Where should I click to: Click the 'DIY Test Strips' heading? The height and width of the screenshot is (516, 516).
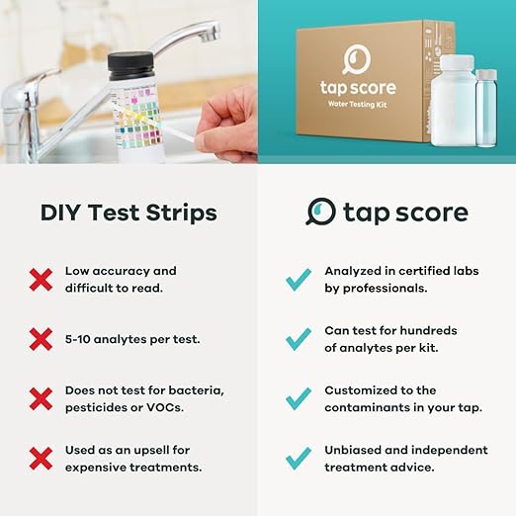(129, 213)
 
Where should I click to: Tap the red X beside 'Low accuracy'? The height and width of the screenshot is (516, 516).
(41, 280)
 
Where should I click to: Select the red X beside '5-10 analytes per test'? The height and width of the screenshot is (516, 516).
(41, 339)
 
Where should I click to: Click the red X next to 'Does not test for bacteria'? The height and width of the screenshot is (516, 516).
(41, 398)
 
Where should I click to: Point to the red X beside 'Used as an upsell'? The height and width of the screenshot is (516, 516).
(41, 458)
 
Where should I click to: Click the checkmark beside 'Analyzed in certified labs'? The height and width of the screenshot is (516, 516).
(299, 280)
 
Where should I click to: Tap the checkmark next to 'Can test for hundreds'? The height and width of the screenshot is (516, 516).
(299, 339)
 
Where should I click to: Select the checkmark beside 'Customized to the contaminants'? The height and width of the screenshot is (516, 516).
(299, 398)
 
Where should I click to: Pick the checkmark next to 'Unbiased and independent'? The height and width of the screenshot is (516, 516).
(299, 458)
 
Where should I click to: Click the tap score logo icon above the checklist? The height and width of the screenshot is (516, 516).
(320, 212)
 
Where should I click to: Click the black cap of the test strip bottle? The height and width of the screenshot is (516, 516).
(129, 65)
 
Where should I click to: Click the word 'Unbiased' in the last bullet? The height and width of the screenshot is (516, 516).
(354, 450)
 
